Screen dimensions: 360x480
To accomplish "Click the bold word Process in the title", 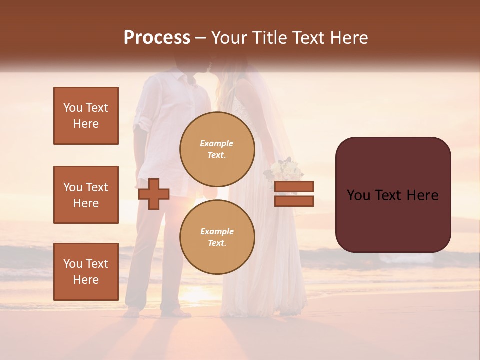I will pos(157,38).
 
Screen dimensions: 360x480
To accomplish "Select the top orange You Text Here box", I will pos(86,116).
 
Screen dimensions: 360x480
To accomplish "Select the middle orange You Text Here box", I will pos(86,195).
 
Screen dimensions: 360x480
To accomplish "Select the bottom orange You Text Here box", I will pos(86,271).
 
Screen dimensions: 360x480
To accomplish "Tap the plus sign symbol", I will pos(154,193).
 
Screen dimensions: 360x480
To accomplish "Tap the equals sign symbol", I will pos(294,194).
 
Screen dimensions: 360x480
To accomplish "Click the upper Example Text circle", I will pos(217,149).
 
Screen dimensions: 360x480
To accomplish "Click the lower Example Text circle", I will pos(217,237).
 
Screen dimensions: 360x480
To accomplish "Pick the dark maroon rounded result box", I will pos(393,195).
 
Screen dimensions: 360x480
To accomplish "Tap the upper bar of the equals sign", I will pos(294,187).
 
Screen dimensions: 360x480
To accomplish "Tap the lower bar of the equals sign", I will pos(294,201).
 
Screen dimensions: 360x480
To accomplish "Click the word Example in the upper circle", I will pos(217,143).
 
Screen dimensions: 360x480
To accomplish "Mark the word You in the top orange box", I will pos(72,108).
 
